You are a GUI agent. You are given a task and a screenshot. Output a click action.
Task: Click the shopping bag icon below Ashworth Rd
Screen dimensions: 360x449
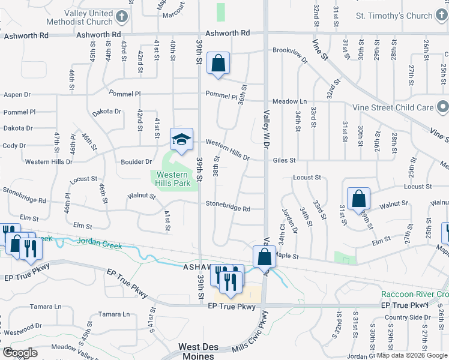pyautogui.click(x=218, y=62)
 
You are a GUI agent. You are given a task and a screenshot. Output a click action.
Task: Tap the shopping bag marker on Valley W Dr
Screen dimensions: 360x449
pyautogui.click(x=264, y=257)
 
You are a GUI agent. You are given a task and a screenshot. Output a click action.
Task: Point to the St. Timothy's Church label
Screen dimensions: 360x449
pyautogui.click(x=394, y=16)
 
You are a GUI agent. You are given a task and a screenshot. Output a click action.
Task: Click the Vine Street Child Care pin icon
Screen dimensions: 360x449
pyautogui.click(x=443, y=107)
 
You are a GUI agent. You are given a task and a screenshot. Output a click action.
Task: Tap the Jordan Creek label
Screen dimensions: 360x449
pyautogui.click(x=99, y=245)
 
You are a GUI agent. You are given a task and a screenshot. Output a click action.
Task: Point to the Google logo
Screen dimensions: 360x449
pyautogui.click(x=20, y=353)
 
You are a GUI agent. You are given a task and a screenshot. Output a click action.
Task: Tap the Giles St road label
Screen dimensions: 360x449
pyautogui.click(x=285, y=160)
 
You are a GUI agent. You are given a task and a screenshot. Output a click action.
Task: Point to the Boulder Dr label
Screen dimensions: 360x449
pyautogui.click(x=136, y=161)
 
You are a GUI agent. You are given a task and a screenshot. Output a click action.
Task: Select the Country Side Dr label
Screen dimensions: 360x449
pyautogui.click(x=405, y=317)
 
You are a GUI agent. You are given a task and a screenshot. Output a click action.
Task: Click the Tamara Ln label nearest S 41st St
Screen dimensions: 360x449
pyautogui.click(x=114, y=314)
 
